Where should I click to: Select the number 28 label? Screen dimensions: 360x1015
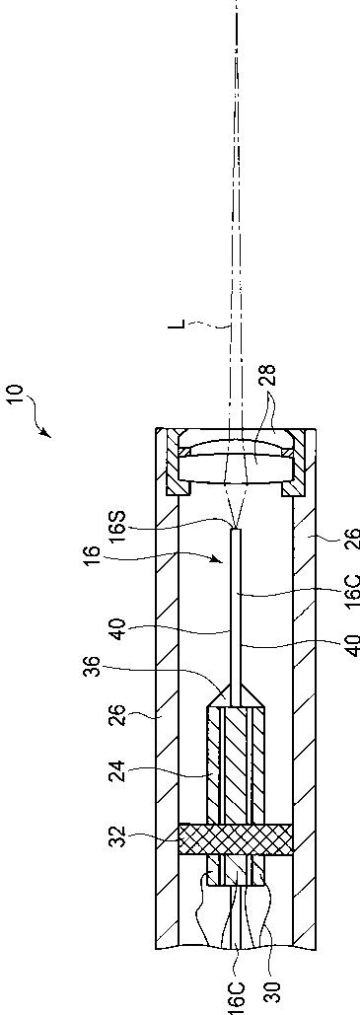(x=268, y=377)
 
